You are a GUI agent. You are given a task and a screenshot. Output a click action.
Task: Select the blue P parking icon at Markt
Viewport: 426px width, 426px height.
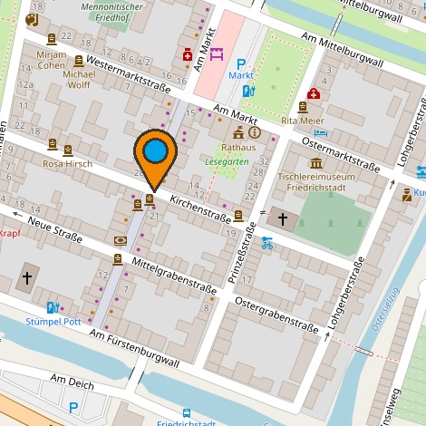(x=241, y=63)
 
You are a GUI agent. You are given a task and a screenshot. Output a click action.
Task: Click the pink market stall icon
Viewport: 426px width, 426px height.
(x=217, y=54)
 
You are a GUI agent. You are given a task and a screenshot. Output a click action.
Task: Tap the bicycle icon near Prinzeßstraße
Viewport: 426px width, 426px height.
(x=267, y=242)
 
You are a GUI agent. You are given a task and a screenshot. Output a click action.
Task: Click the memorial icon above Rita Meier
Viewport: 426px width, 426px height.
(x=302, y=107)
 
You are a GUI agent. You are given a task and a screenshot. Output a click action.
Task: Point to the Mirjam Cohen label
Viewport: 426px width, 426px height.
(x=52, y=60)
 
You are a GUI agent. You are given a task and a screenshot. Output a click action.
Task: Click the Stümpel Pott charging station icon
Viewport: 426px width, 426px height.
(x=53, y=307)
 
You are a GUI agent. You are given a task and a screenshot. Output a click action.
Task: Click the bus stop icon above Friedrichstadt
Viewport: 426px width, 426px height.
(x=186, y=412)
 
